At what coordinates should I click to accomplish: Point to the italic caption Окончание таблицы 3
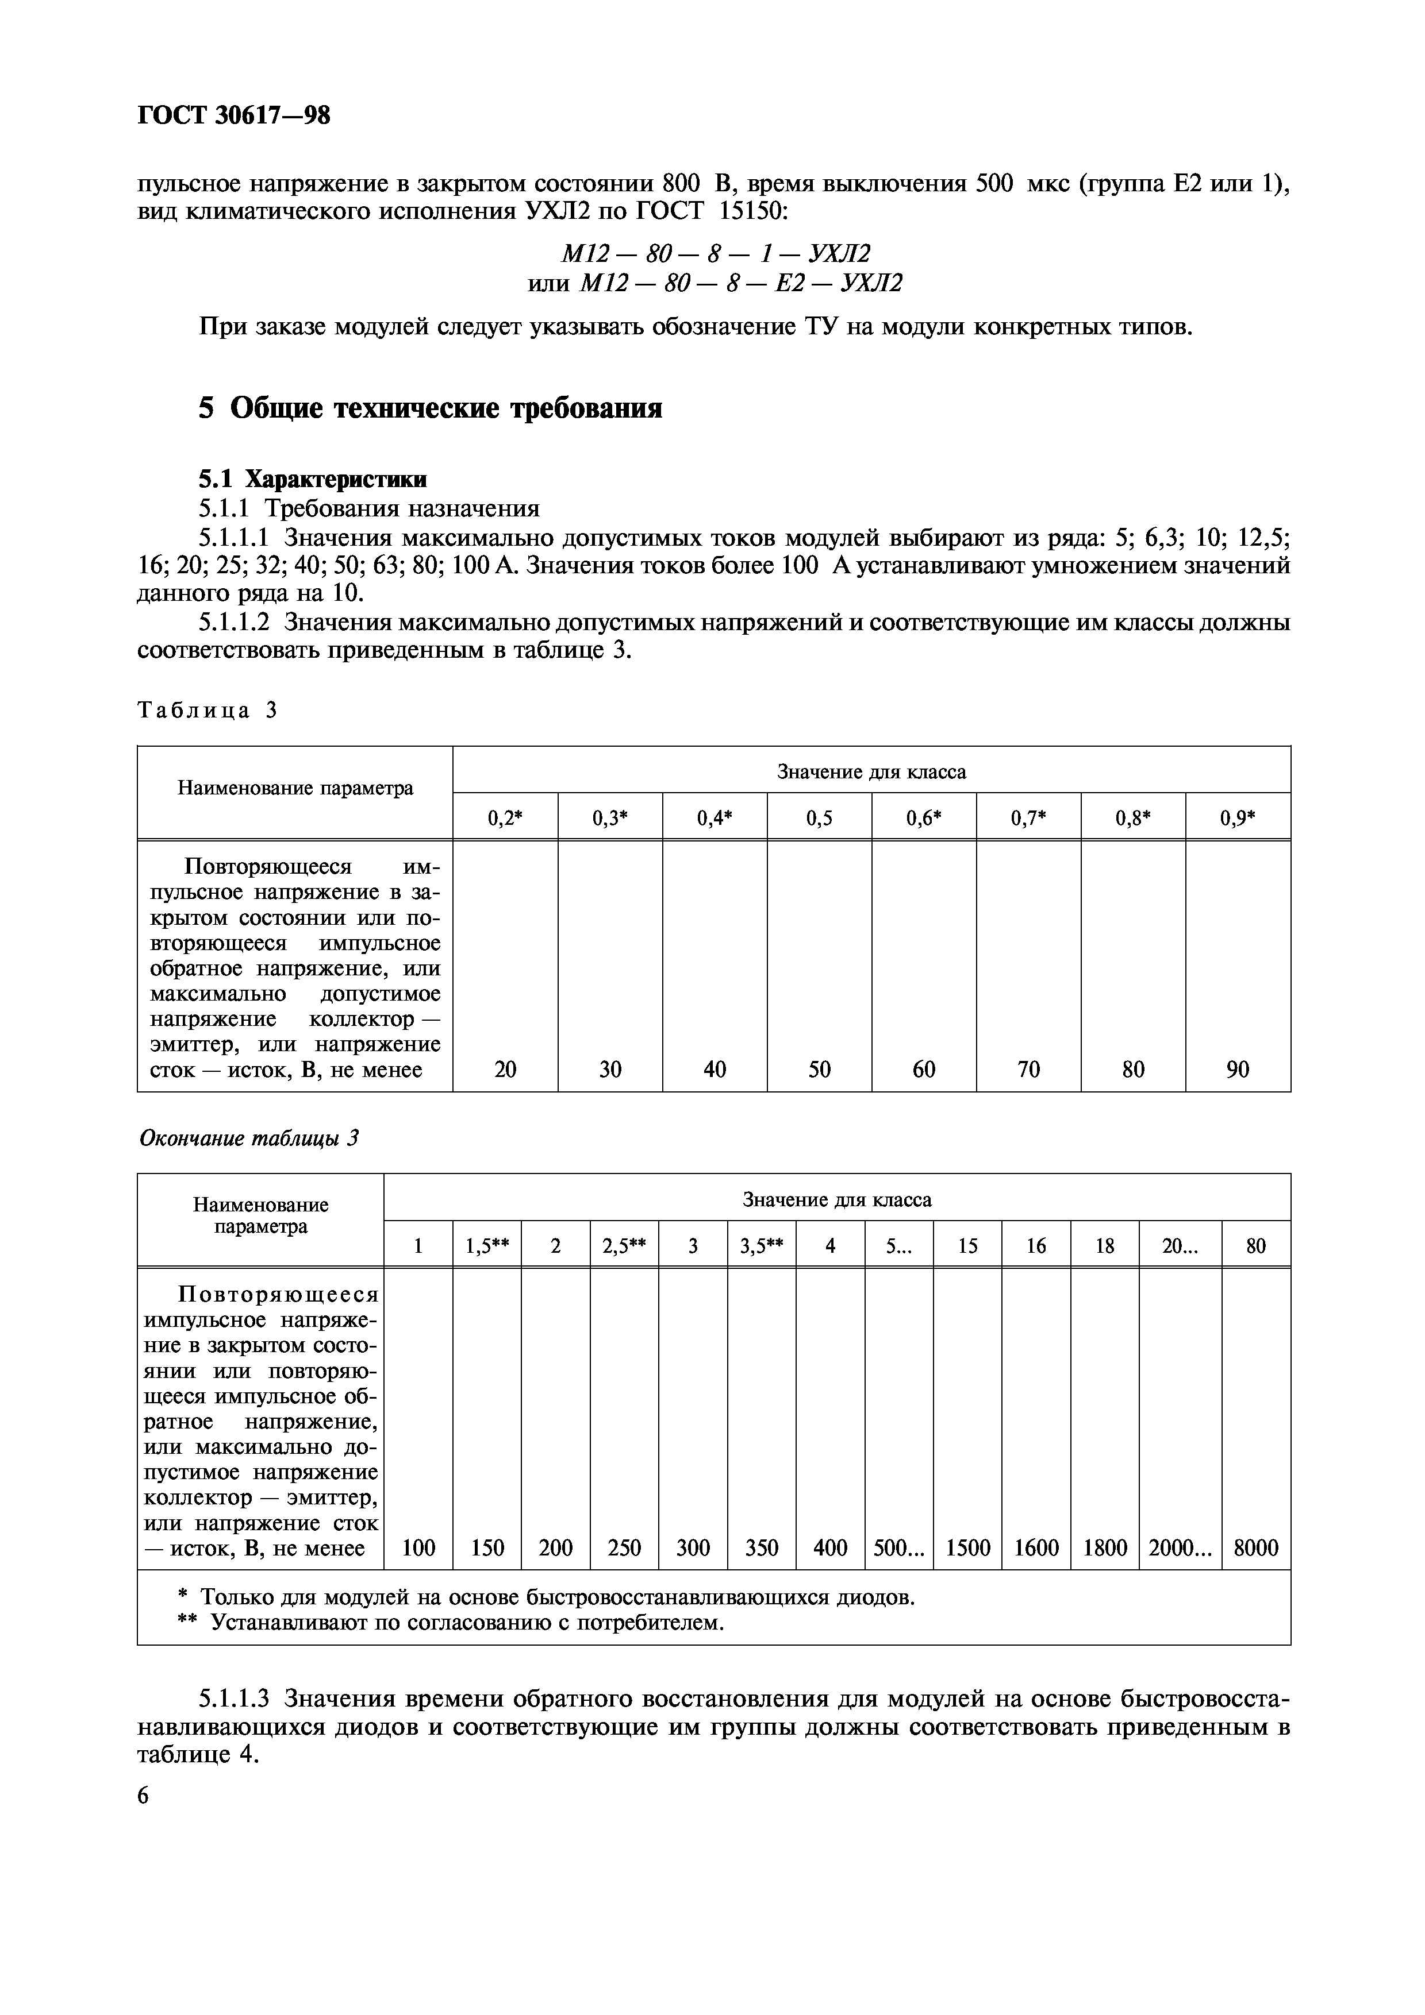pyautogui.click(x=249, y=1139)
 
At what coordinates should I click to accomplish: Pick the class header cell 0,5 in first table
pyautogui.click(x=819, y=818)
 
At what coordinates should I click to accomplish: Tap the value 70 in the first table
pyautogui.click(x=1028, y=1069)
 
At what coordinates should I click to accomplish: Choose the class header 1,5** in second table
pyautogui.click(x=487, y=1245)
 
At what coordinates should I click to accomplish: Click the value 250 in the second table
pyautogui.click(x=624, y=1547)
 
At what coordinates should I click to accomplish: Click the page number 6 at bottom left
pyautogui.click(x=144, y=1796)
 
